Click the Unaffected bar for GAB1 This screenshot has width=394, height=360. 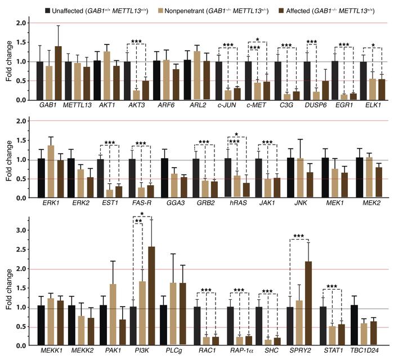coord(39,81)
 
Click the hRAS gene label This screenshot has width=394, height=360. coord(238,204)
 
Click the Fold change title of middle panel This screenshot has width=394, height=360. coord(8,160)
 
